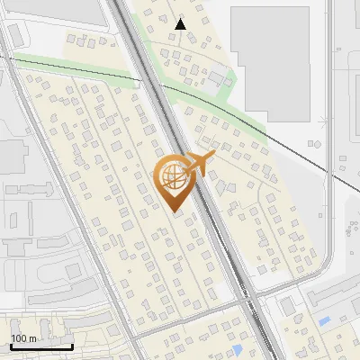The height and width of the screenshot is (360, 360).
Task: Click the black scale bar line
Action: point(41,346)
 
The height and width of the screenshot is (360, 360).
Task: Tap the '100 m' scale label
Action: point(24,338)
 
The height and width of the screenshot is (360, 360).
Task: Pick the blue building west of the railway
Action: point(237,348)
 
